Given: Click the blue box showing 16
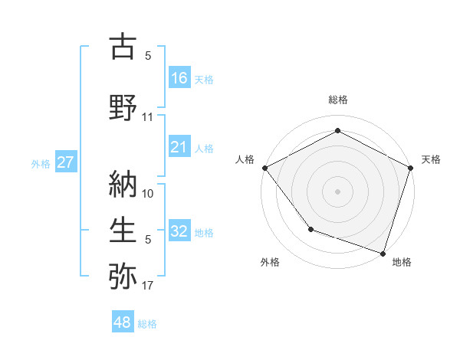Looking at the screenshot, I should point(179,77).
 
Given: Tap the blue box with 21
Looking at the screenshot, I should point(179,147).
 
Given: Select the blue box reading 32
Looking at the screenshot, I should point(179,231).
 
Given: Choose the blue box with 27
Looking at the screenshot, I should point(66,162).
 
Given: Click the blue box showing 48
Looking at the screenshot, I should point(123,322).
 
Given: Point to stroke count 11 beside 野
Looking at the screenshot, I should point(148,117).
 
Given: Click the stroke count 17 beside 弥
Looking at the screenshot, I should point(148,286).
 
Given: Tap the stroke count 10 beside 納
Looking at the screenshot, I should point(148,192).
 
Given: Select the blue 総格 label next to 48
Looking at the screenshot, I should point(147,324).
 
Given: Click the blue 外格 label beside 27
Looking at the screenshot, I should point(41,163).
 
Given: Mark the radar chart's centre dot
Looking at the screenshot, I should point(337,191).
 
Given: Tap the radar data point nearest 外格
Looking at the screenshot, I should point(310,228).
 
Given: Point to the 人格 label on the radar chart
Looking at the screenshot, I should point(245,159).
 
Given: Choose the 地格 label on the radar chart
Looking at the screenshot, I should point(402,263).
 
